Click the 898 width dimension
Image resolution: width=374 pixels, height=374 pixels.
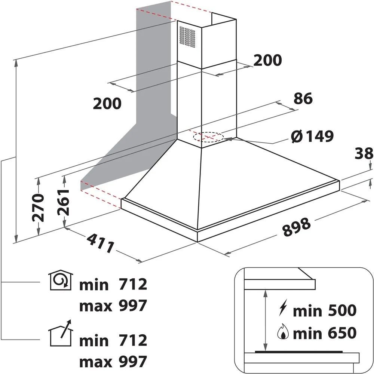pyautogui.click(x=297, y=227)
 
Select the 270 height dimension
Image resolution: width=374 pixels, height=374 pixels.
pyautogui.click(x=38, y=208)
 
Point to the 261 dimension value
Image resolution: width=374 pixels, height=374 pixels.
pyautogui.click(x=63, y=202)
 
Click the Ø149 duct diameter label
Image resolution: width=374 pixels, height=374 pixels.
pyautogui.click(x=312, y=137)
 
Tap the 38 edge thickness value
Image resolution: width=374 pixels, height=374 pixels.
pyautogui.click(x=364, y=153)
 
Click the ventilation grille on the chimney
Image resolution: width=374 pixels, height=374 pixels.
pyautogui.click(x=187, y=37)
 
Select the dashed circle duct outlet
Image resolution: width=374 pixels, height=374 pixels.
pyautogui.click(x=208, y=137)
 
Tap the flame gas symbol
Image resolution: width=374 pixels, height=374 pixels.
pyautogui.click(x=283, y=332)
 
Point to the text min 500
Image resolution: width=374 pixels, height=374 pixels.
pyautogui.click(x=325, y=310)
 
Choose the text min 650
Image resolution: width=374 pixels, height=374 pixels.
pyautogui.click(x=325, y=333)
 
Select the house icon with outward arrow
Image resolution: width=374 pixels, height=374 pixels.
pyautogui.click(x=61, y=333)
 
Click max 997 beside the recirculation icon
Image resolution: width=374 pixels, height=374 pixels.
pyautogui.click(x=113, y=306)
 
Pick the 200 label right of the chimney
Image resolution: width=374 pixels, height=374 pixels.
pyautogui.click(x=267, y=60)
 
